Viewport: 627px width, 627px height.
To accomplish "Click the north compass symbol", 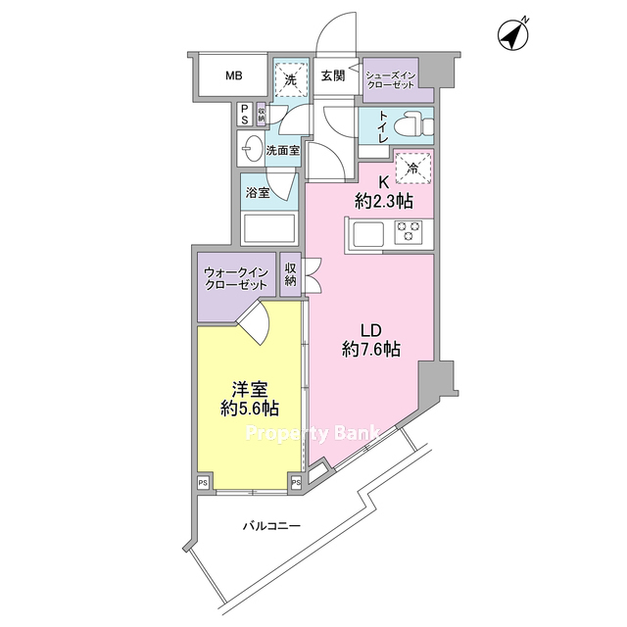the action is click(513, 35).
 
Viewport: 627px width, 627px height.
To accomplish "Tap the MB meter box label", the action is click(234, 75).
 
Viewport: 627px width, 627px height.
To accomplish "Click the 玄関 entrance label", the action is click(333, 75).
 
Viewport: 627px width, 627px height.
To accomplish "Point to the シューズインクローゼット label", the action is click(391, 80).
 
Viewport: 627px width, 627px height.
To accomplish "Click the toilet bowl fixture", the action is click(412, 125).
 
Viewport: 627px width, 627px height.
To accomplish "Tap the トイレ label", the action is click(383, 126).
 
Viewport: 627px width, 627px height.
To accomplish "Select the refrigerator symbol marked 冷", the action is click(413, 168).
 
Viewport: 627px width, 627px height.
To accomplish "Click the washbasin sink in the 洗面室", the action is click(251, 148).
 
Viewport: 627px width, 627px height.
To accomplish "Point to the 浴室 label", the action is click(258, 193).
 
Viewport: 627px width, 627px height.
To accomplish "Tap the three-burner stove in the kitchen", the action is click(408, 231).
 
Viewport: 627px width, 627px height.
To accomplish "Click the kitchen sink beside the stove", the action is click(368, 233).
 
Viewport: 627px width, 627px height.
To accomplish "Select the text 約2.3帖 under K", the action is click(383, 201).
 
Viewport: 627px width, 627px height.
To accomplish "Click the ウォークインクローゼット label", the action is click(235, 278).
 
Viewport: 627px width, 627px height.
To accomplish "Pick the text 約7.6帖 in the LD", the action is click(371, 350).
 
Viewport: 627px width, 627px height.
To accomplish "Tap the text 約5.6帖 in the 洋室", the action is click(250, 409).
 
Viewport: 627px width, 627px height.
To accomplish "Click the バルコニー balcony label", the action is click(272, 525).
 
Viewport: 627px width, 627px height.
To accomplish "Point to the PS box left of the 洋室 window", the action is click(203, 483).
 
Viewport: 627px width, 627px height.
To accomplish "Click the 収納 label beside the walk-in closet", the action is click(290, 274).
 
